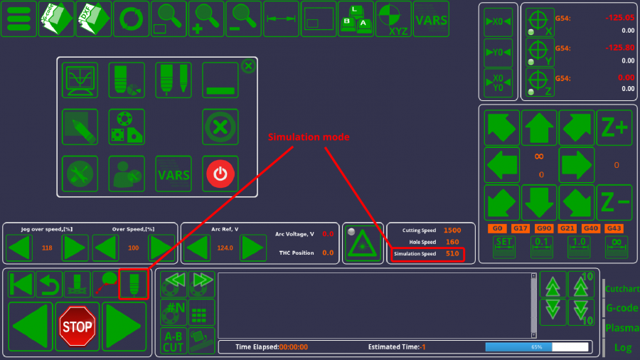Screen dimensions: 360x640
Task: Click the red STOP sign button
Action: [x=77, y=327]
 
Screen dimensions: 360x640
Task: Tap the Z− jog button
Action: [x=614, y=202]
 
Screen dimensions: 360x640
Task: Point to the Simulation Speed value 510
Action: [x=452, y=253]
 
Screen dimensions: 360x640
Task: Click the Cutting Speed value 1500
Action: [x=452, y=231]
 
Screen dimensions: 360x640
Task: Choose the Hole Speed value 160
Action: [x=452, y=242]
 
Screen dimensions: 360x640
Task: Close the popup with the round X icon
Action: [x=248, y=66]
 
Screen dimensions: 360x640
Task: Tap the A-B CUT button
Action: [x=174, y=342]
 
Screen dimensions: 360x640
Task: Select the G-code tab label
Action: [x=622, y=308]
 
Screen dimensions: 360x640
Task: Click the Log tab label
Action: [x=623, y=347]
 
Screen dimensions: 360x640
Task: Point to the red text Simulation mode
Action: [x=308, y=137]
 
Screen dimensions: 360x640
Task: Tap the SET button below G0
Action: [x=504, y=247]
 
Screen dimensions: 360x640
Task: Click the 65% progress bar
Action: [x=537, y=346]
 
